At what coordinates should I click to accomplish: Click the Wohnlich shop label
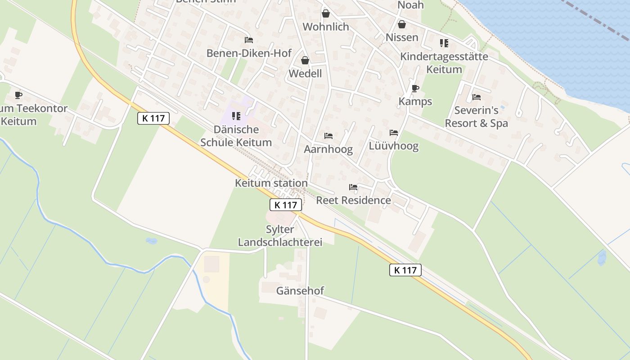(x=325, y=27)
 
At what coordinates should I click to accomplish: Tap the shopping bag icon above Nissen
(x=402, y=24)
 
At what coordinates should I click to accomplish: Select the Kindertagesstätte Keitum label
(x=444, y=63)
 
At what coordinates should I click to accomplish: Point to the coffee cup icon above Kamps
(x=415, y=88)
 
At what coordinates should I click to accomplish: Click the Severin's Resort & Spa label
(x=476, y=117)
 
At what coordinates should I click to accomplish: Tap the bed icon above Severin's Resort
(x=476, y=97)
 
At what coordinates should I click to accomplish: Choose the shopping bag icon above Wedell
(x=305, y=60)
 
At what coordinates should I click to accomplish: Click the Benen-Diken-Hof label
(x=249, y=53)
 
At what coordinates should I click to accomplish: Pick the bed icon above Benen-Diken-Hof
(x=248, y=40)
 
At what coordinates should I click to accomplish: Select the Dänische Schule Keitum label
(x=236, y=136)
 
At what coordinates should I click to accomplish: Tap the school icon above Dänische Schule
(x=236, y=116)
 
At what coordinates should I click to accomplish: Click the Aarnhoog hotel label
(x=328, y=149)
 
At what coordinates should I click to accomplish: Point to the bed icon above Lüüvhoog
(x=394, y=133)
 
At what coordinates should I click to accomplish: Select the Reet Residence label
(x=353, y=200)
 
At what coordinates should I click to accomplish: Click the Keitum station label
(x=271, y=183)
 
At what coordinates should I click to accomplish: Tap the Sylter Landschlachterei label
(x=280, y=235)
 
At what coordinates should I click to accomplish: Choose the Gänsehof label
(x=300, y=291)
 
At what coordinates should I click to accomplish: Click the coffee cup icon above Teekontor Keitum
(x=18, y=95)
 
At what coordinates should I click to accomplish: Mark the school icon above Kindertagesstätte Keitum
(x=444, y=43)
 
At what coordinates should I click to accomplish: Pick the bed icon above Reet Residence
(x=353, y=187)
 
